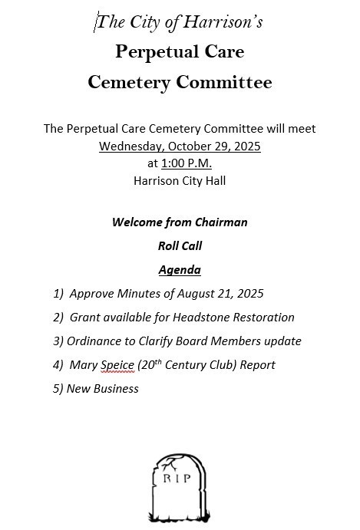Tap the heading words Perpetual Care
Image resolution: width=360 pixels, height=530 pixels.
tap(180, 52)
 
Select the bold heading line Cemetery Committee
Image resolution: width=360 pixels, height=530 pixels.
tap(180, 82)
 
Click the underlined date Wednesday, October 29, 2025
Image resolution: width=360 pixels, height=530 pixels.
tap(180, 146)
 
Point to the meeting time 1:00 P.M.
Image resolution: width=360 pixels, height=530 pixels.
tap(187, 163)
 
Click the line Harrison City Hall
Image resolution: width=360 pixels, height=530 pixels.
tap(180, 181)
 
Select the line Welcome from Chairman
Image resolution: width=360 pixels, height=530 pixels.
tap(180, 222)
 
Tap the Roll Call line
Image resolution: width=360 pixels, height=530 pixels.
tap(180, 246)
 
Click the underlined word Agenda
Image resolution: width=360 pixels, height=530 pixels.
tap(180, 270)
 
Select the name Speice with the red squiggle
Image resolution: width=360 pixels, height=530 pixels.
tap(117, 365)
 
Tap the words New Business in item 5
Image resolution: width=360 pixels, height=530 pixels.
tap(103, 389)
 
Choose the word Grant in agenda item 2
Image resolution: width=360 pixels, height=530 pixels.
tap(85, 318)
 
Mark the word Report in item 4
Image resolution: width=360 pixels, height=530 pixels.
tap(258, 365)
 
